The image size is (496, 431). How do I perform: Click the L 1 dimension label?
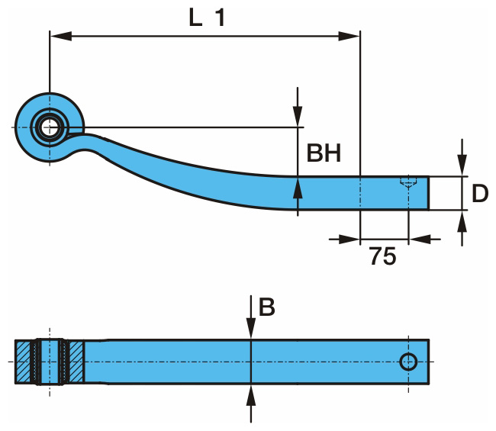pyautogui.click(x=208, y=18)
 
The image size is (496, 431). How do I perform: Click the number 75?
pyautogui.click(x=382, y=257)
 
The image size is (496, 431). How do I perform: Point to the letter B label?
pyautogui.click(x=266, y=307)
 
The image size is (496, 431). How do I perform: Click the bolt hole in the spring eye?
pyautogui.click(x=50, y=127)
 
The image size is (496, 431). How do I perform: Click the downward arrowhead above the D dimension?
pyautogui.click(x=462, y=167)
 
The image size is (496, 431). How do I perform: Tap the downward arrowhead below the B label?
pyautogui.click(x=251, y=329)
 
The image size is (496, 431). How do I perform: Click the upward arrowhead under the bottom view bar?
pyautogui.click(x=251, y=393)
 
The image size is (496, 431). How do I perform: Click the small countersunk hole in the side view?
pyautogui.click(x=409, y=182)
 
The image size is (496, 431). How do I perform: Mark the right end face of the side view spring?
pyautogui.click(x=428, y=192)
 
